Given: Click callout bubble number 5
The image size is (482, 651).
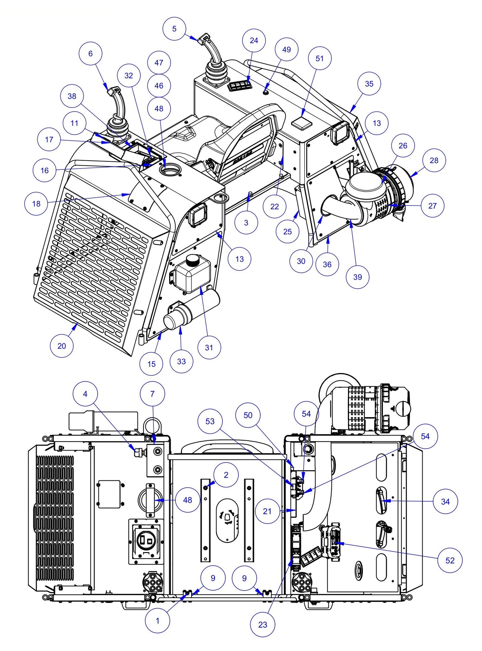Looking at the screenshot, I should pos(174,29).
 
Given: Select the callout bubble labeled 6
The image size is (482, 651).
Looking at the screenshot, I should pos(90,53).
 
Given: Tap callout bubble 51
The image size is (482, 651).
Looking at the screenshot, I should pos(320,58).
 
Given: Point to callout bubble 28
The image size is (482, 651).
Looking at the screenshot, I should pos(434,160).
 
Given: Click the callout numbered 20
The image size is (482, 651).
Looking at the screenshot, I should pos(62,346).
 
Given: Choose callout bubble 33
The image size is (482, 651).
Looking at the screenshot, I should pos(181,361).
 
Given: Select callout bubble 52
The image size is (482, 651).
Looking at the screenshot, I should pos(450,560).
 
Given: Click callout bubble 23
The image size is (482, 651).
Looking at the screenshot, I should pos(263,625).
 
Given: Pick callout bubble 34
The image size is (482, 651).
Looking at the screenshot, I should pos(445,501).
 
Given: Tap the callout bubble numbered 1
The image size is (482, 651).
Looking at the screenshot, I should pos(157,621).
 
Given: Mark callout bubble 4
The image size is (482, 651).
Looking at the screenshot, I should pos(85,394).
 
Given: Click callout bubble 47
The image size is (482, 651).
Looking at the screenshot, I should pos(159,62).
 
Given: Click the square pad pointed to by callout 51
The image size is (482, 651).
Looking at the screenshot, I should pos(302,123).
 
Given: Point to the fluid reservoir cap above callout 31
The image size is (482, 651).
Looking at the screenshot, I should pos(192,259).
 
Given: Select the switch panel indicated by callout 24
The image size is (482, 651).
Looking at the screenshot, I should pos(239,87).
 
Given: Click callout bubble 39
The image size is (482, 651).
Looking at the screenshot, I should pos(358,277).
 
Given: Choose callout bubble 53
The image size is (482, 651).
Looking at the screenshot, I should pos(210,421).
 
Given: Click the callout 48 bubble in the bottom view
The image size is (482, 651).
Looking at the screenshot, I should pos(187,500).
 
